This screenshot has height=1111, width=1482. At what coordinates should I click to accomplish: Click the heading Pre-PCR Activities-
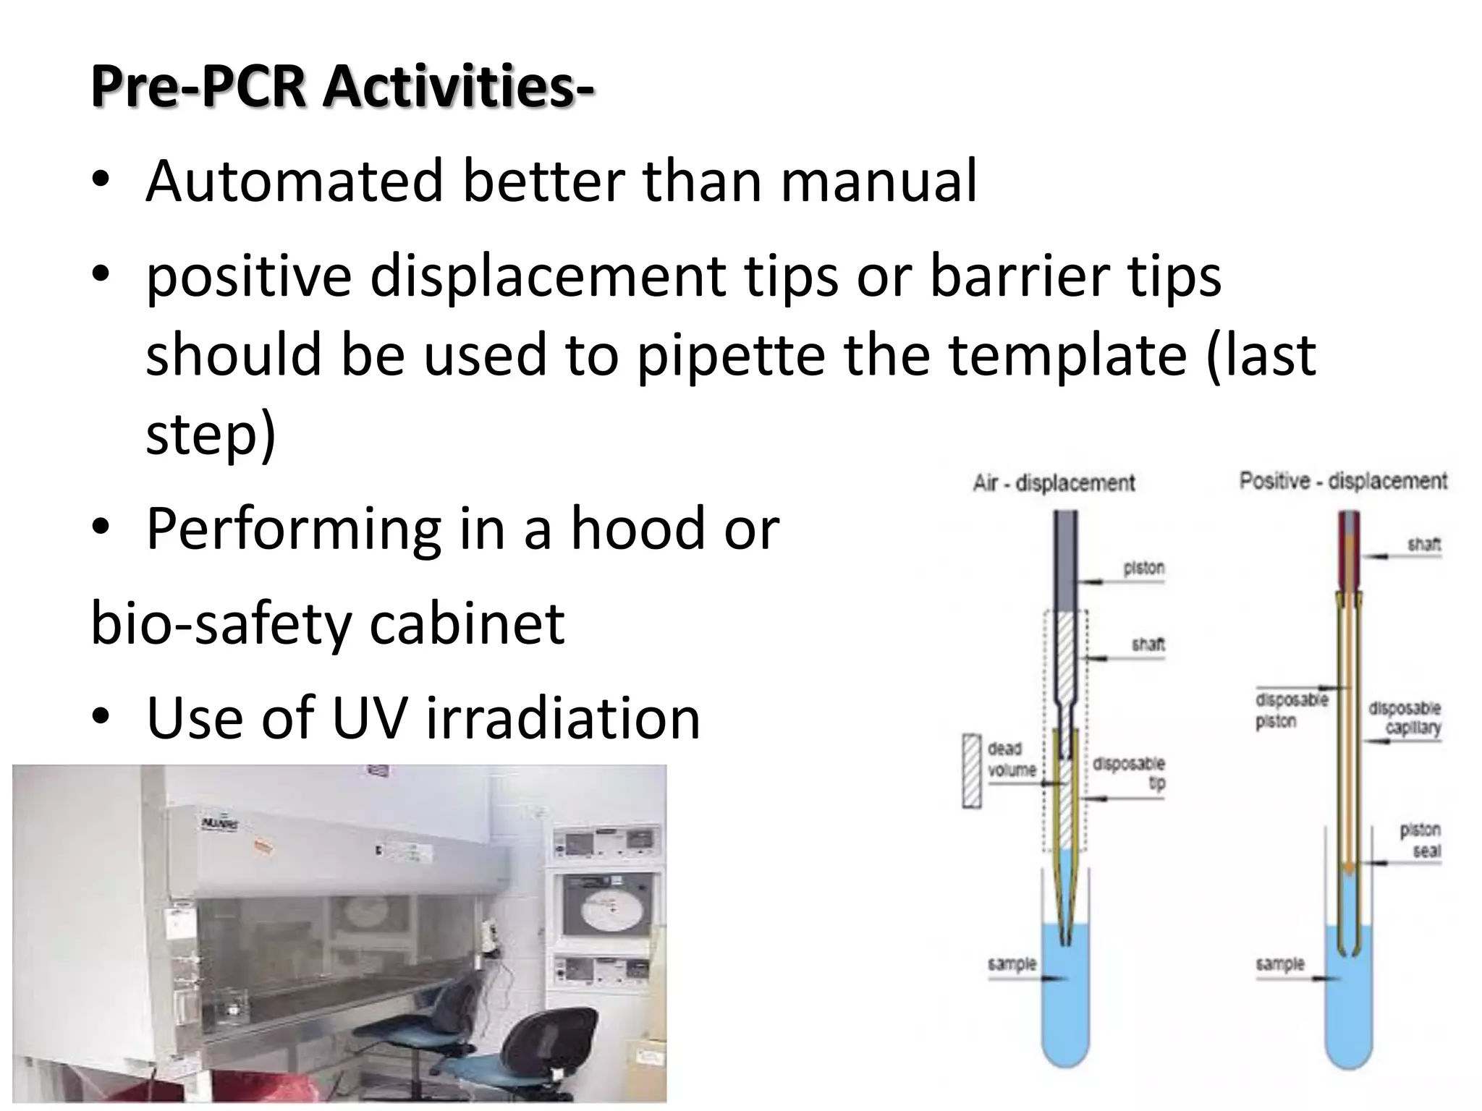point(342,87)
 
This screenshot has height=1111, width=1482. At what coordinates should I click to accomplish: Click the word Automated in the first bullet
point(294,181)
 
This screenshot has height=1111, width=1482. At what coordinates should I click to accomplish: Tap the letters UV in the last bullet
point(369,718)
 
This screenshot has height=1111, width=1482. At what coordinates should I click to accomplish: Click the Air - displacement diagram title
point(1054,483)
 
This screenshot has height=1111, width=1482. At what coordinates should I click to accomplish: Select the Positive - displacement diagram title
point(1343,481)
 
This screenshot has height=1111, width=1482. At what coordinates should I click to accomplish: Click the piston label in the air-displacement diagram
point(1143,569)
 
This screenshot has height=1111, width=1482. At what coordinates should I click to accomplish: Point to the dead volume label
point(1012,759)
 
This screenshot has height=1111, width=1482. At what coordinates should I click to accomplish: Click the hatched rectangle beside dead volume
point(972,770)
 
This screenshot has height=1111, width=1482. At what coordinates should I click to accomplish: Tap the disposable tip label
point(1129,772)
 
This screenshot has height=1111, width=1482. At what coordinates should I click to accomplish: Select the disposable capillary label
point(1404,718)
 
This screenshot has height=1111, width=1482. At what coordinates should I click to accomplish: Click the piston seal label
point(1419,840)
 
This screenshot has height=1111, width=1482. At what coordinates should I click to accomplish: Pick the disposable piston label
point(1290,710)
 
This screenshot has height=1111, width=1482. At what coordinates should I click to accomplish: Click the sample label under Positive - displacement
point(1280,964)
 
